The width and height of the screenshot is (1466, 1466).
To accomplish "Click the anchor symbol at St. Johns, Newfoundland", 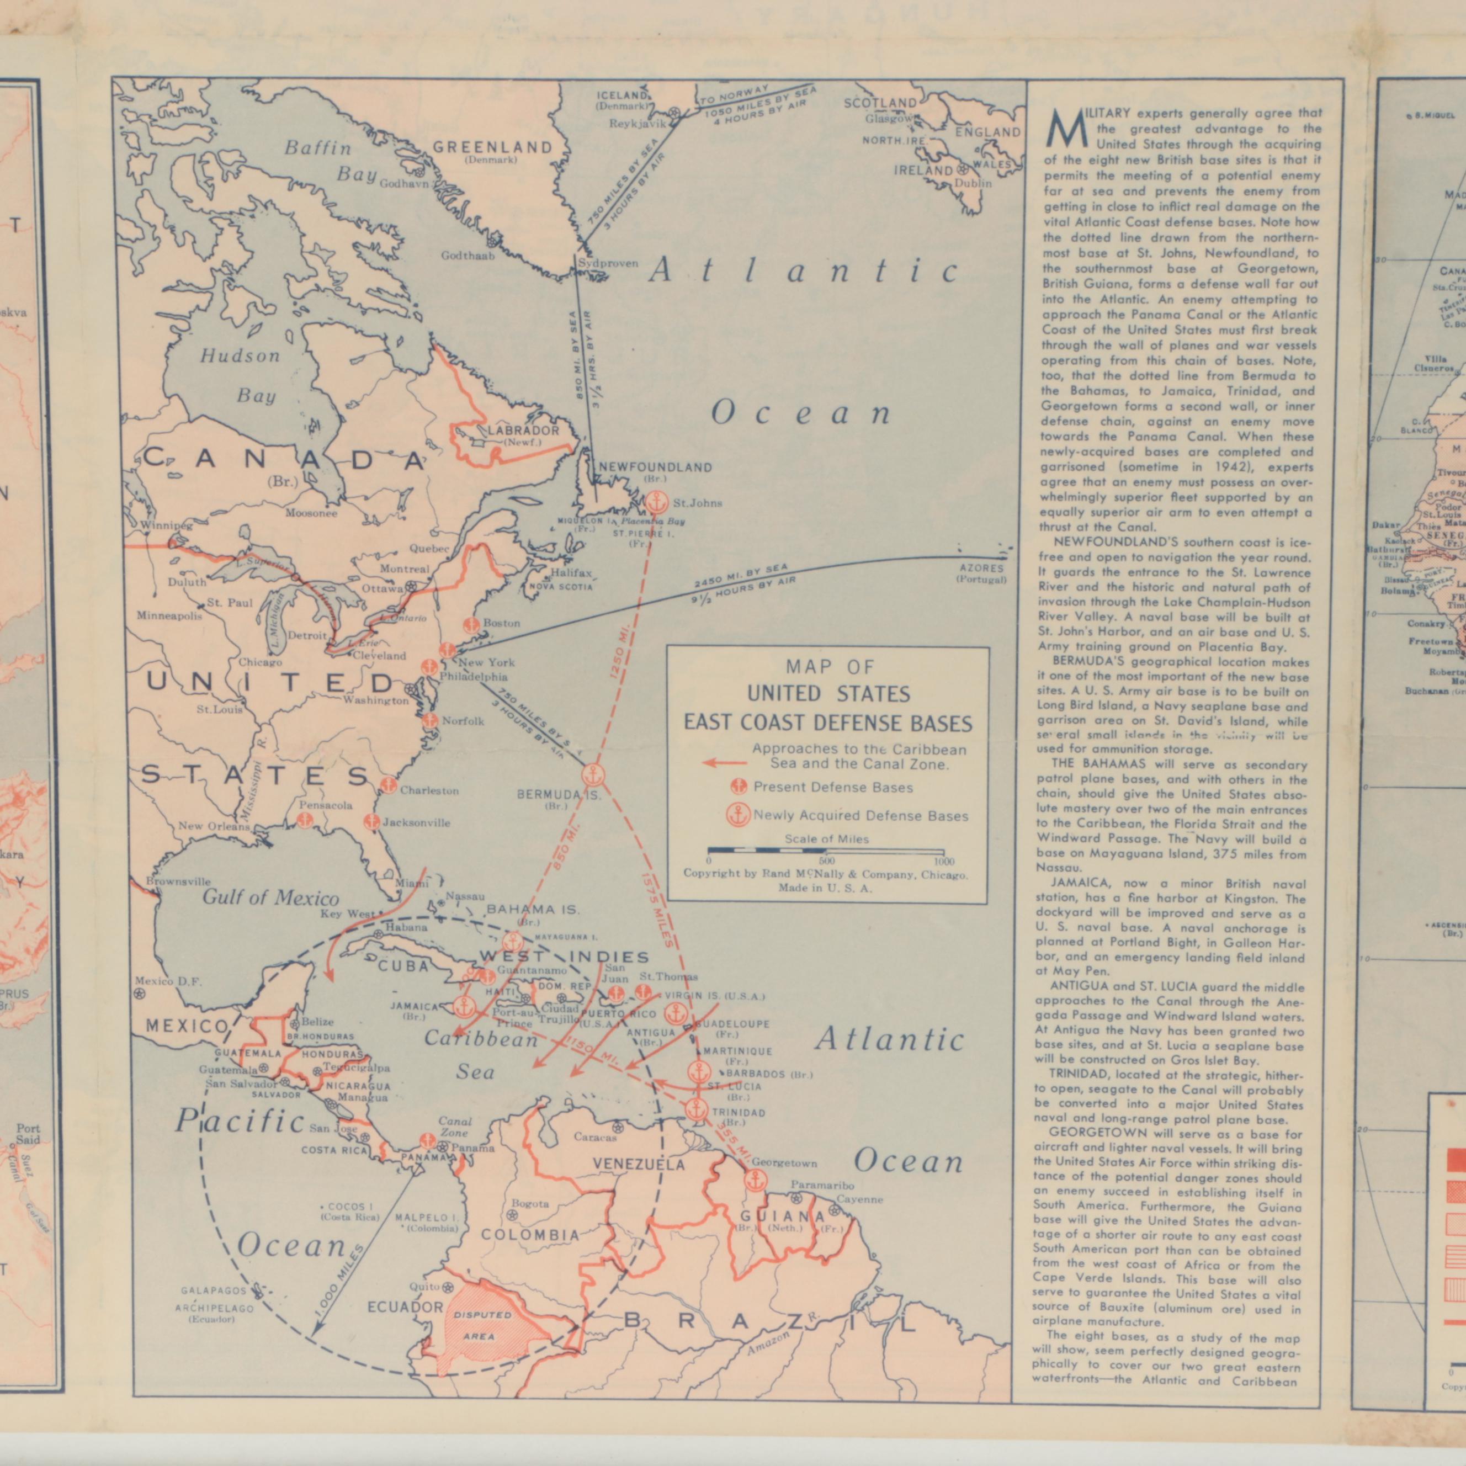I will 657,502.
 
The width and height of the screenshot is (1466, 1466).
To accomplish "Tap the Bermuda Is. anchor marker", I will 593,776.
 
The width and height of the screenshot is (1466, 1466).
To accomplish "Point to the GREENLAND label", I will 492,147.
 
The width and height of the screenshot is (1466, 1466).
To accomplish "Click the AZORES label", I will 982,567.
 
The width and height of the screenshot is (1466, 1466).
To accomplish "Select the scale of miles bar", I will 826,851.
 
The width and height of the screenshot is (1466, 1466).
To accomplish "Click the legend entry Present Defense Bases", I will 832,788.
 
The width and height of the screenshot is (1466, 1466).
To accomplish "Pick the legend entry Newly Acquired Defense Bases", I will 860,816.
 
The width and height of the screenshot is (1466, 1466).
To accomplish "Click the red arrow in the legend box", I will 724,763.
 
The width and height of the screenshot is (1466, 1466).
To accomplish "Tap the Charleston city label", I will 429,790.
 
